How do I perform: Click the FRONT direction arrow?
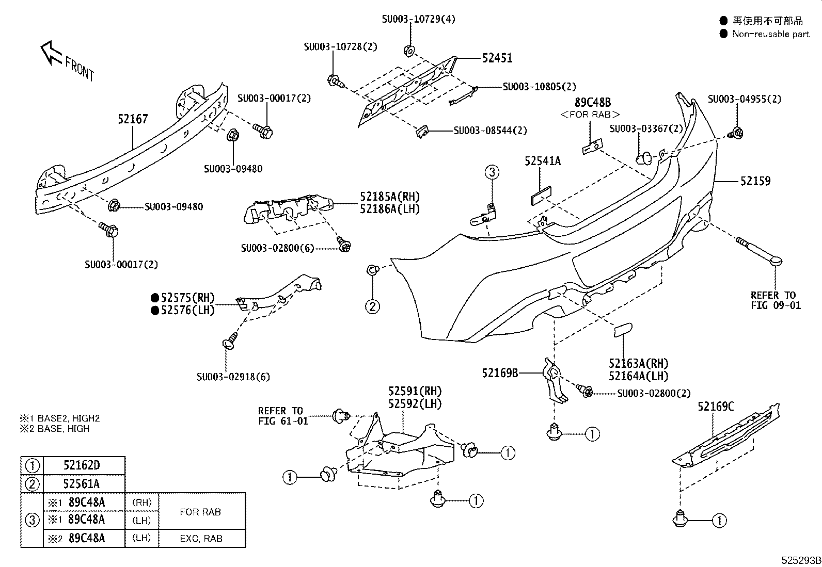[52, 53]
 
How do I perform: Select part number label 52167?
[133, 119]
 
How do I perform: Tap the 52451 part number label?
[497, 58]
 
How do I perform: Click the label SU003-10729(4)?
[418, 20]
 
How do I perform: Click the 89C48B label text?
[593, 103]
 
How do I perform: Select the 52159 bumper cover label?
[755, 181]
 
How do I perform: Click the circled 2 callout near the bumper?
[373, 306]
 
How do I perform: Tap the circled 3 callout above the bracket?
[492, 172]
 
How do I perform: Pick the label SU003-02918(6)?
[233, 377]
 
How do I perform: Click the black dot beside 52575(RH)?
[154, 298]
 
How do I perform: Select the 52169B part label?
[500, 372]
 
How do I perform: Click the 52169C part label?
[716, 407]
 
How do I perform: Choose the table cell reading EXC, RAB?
[201, 539]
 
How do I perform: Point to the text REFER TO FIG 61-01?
[283, 416]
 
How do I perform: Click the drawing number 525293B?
[801, 560]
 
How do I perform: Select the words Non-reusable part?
[771, 34]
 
